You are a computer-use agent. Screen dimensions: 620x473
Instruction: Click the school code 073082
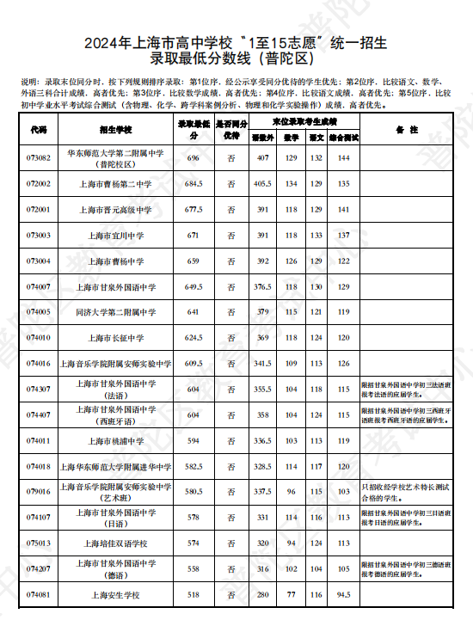coord(38,158)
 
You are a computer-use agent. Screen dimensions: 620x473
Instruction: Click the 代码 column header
coord(38,130)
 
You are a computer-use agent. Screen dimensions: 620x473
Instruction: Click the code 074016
coord(38,364)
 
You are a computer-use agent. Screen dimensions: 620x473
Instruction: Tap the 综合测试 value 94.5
coord(343,594)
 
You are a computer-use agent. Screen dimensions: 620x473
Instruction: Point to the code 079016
coord(38,492)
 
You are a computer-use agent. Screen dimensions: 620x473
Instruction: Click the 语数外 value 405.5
coord(262,184)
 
